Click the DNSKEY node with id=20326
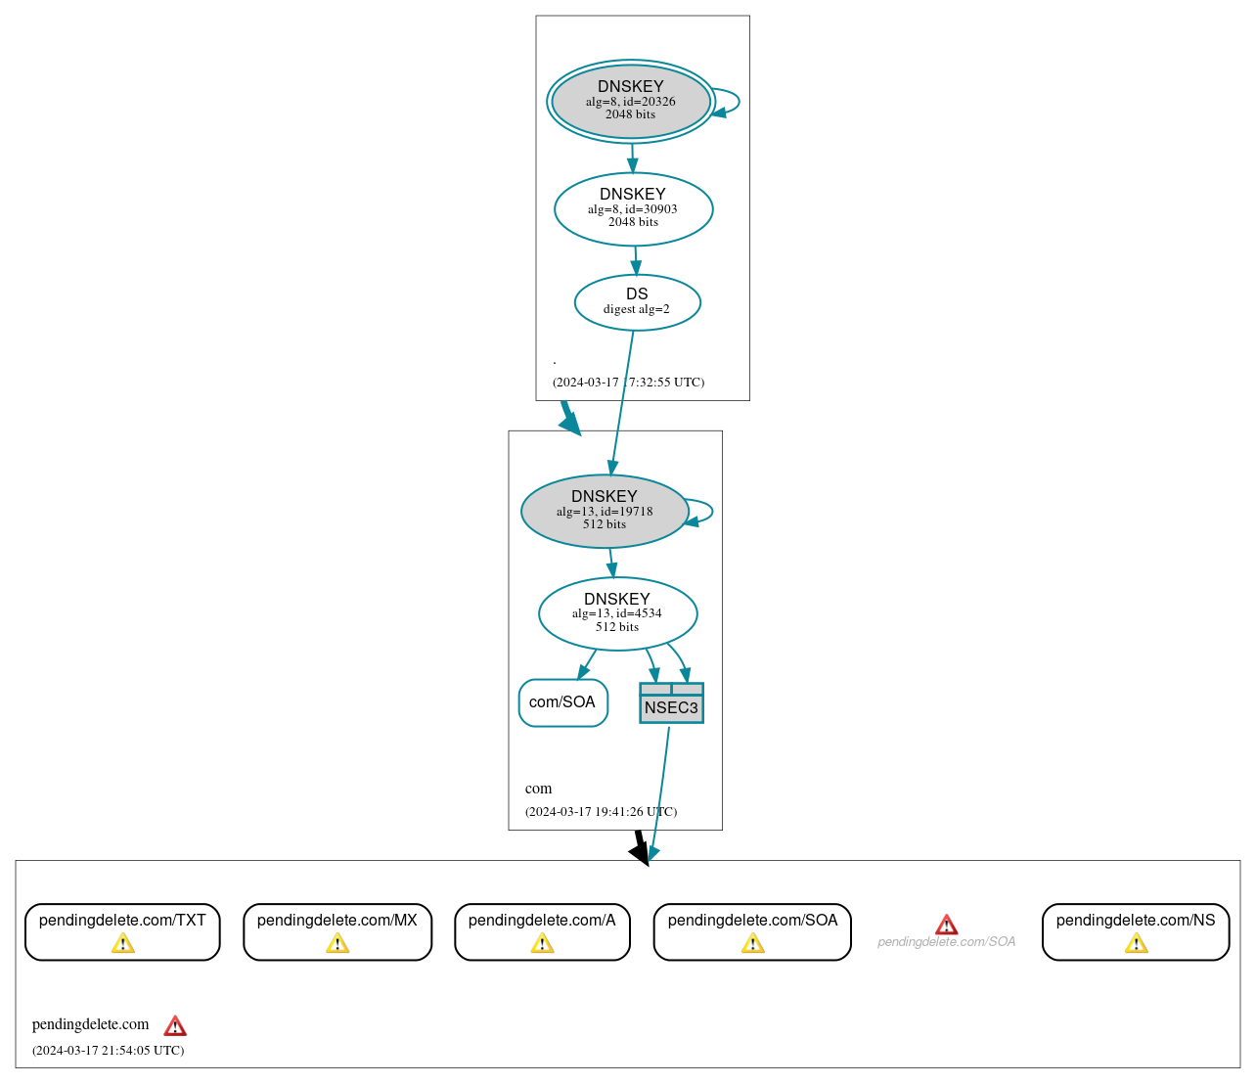pos(630,101)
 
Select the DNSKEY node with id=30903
pos(633,208)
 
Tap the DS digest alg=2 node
pos(637,302)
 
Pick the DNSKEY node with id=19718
pos(605,511)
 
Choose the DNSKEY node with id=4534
pos(617,613)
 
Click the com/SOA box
pos(562,702)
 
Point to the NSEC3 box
pos(671,703)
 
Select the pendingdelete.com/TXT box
pos(122,931)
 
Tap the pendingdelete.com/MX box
pos(337,931)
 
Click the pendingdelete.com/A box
pos(542,931)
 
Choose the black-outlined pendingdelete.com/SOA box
pos(752,931)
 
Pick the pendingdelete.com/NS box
pos(1136,931)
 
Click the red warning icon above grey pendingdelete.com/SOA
pos(946,925)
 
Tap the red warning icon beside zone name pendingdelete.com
pos(175,1025)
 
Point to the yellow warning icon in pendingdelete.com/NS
pos(1136,943)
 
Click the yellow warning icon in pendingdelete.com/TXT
pos(122,943)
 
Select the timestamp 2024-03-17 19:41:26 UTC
pos(601,812)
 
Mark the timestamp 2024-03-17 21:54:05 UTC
pos(108,1051)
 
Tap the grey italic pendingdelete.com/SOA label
pos(946,942)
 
